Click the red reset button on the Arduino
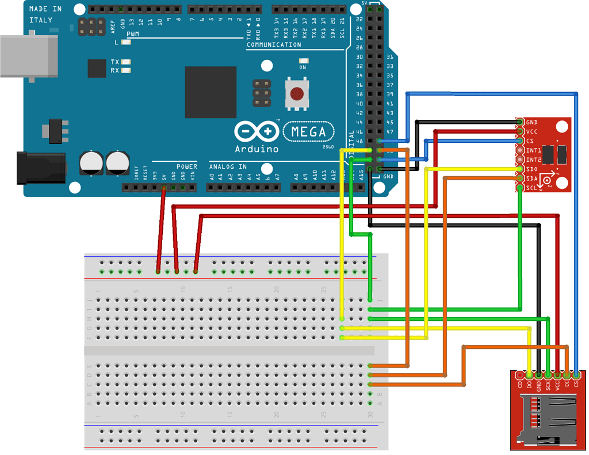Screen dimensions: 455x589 click(297, 93)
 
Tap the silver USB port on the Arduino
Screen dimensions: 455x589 click(29, 56)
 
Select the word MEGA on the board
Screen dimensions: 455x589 click(308, 132)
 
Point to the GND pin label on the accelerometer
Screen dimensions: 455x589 click(532, 122)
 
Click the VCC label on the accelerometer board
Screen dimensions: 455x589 click(532, 131)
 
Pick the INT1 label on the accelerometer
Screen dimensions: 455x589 click(533, 150)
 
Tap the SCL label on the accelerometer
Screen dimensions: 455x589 click(532, 187)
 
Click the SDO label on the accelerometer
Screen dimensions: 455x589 click(532, 169)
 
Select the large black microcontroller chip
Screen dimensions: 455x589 click(211, 92)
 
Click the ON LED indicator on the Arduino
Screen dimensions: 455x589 click(303, 61)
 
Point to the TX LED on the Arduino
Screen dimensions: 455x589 click(125, 62)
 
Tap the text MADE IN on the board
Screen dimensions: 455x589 click(45, 9)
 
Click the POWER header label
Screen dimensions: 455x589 click(186, 166)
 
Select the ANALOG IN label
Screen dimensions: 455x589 click(227, 166)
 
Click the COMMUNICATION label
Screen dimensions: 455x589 click(274, 44)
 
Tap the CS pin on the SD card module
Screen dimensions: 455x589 click(576, 382)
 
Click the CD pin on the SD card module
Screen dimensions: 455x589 click(520, 382)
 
